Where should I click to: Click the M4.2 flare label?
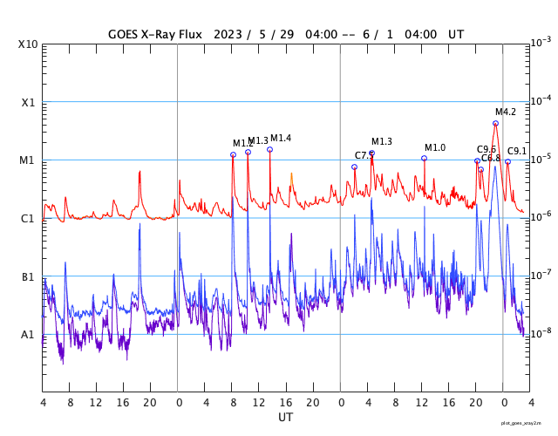point(506,112)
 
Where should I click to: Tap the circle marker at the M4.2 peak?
point(495,123)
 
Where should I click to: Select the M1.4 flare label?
point(281,138)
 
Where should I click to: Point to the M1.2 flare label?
point(243,143)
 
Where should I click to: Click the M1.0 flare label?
point(435,147)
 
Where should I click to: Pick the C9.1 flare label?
point(518,151)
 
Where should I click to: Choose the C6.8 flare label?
point(491,158)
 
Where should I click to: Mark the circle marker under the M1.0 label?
point(424,158)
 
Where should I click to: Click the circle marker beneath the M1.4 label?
point(269,149)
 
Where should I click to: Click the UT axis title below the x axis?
point(285,418)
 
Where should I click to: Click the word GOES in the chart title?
point(127,34)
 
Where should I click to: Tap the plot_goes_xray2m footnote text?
point(527,423)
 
